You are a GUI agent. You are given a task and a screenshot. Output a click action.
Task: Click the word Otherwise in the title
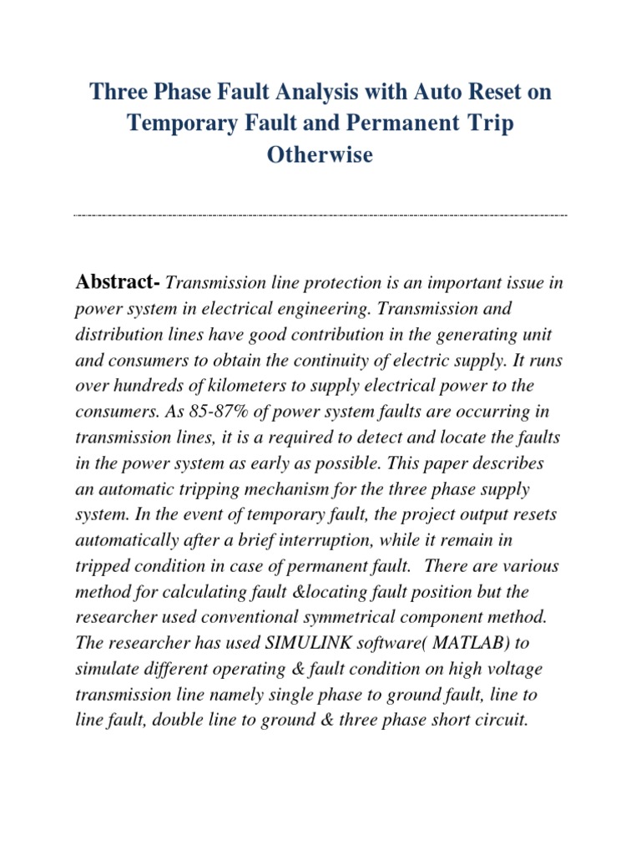[320, 155]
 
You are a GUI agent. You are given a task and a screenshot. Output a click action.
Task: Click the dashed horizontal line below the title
[320, 215]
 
